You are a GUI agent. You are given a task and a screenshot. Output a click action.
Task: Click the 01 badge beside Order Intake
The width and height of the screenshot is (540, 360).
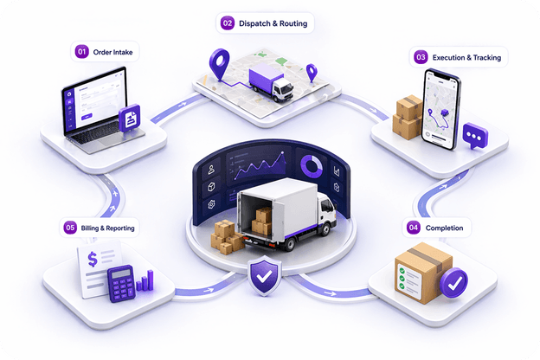[81, 52]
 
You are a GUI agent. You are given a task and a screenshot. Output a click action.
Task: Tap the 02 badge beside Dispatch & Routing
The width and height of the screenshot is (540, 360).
[228, 23]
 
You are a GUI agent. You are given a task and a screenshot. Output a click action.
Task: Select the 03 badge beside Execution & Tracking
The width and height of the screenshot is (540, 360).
[421, 57]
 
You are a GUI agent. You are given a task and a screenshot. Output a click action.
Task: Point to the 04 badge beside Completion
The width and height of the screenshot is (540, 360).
[414, 228]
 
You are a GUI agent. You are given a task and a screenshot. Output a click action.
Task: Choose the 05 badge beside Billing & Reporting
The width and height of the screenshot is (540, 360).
[70, 228]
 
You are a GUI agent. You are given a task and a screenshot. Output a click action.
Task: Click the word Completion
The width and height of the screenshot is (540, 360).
[444, 228]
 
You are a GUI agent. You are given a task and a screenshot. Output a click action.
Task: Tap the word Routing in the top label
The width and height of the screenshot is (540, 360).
[293, 23]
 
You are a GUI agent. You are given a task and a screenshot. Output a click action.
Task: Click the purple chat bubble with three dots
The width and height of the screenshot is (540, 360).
[475, 136]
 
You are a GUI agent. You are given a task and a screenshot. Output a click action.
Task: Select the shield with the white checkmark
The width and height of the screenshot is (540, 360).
[264, 275]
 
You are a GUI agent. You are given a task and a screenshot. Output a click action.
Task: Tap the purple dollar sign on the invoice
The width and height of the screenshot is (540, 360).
[93, 259]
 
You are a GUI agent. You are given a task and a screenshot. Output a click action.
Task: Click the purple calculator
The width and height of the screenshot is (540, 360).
[121, 284]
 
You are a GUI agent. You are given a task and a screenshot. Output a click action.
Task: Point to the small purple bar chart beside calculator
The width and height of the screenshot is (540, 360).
[145, 280]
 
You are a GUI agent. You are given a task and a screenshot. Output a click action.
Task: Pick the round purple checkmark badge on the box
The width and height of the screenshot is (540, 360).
[454, 283]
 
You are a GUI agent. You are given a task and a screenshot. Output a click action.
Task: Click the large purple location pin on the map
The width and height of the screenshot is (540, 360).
[220, 64]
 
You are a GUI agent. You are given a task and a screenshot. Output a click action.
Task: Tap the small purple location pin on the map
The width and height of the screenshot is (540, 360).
[312, 73]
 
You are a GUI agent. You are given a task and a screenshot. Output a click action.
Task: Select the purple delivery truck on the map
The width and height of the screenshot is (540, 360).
[271, 82]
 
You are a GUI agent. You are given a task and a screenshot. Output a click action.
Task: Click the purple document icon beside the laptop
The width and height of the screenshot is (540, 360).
[130, 119]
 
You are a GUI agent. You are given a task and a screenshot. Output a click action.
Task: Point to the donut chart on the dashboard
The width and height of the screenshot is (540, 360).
[312, 166]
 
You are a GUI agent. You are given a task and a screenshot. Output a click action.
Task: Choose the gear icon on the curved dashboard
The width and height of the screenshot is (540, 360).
[211, 204]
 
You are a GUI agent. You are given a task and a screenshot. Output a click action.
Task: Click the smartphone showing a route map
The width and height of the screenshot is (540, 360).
[441, 109]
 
